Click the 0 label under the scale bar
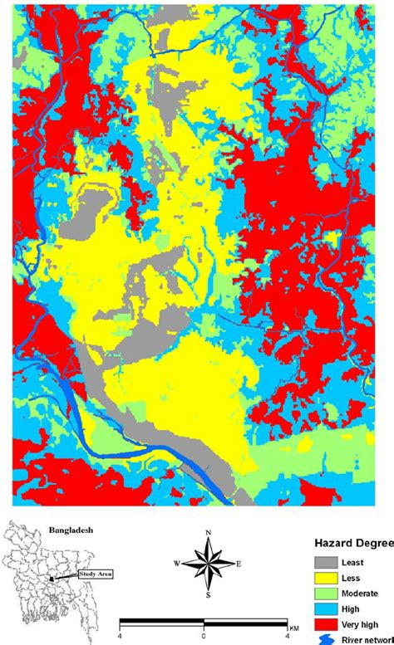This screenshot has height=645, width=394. [x=204, y=635]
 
